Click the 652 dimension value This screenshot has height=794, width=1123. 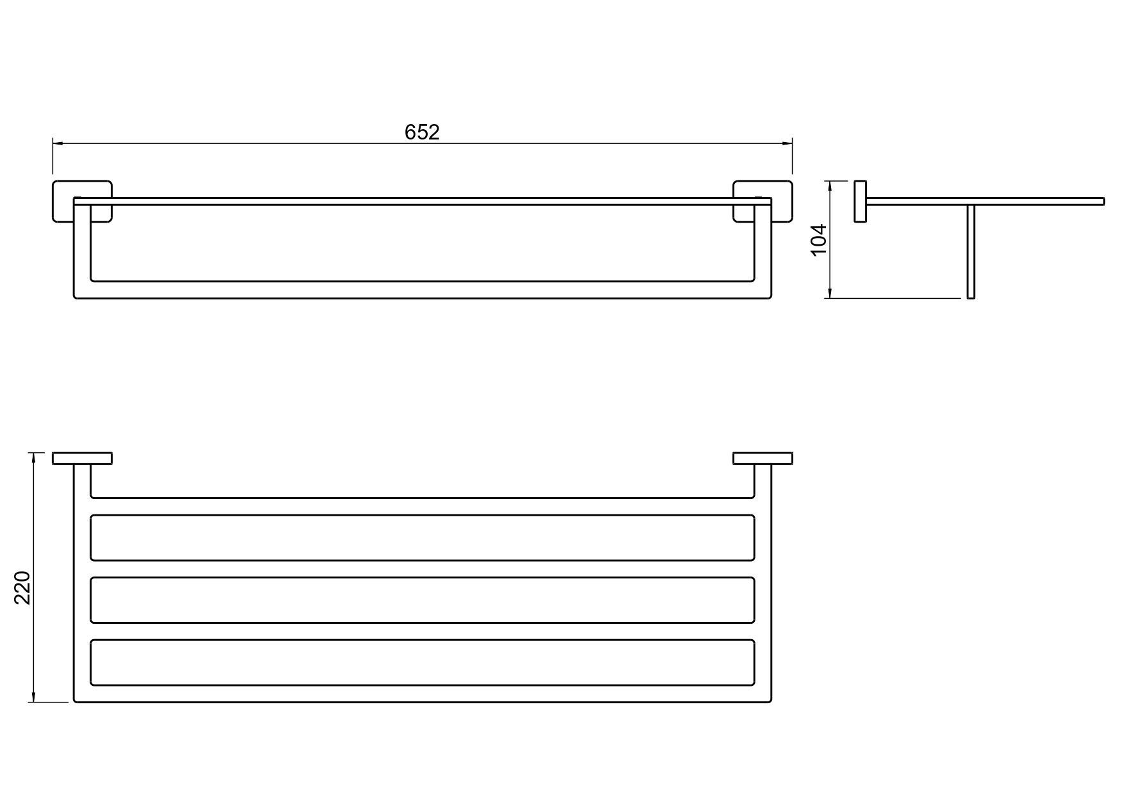422,132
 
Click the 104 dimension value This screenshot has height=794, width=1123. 820,240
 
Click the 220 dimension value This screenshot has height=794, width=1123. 23,587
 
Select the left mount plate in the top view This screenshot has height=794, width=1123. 82,458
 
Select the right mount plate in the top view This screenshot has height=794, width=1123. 763,458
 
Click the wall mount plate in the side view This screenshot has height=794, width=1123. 860,202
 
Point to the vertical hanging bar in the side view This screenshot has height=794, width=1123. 971,251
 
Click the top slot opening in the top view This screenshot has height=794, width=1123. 423,537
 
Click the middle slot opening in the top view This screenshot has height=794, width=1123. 423,599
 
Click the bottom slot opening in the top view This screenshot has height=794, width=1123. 423,662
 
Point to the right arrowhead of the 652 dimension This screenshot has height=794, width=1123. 788,143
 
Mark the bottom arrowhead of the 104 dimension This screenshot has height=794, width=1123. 830,293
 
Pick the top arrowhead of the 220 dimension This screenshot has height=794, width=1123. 33,458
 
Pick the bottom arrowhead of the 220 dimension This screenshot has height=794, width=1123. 33,697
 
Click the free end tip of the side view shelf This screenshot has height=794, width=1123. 1104,202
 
